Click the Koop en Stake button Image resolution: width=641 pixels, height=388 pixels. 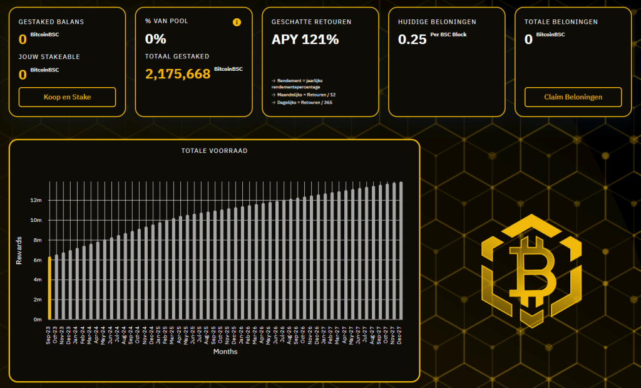(68, 97)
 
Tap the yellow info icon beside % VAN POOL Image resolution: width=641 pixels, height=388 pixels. (237, 22)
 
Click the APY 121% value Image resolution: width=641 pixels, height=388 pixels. (305, 39)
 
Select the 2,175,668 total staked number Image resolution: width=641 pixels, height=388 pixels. (178, 74)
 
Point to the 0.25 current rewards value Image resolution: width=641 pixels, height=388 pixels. (412, 39)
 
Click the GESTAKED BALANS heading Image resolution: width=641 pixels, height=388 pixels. (51, 22)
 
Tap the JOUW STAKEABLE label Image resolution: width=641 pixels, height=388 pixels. (49, 57)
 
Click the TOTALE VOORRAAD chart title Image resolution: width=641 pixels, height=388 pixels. (214, 151)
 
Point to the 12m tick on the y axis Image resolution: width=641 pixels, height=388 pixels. (36, 201)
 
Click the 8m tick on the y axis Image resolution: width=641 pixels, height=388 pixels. (36, 240)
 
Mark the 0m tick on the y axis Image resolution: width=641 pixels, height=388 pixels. (36, 320)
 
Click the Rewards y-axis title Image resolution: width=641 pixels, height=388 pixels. (19, 250)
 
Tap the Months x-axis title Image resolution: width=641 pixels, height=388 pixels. (225, 352)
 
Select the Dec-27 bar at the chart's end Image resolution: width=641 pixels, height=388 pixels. (401, 251)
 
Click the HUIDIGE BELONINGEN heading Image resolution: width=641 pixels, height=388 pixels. (437, 22)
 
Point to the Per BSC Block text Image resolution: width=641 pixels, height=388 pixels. (448, 34)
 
